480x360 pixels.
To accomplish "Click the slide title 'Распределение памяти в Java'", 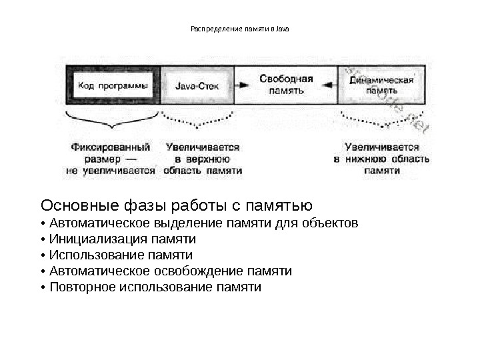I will pos(240,29).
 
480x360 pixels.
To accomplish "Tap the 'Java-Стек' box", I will pos(197,85).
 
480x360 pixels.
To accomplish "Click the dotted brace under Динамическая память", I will pos(381,121).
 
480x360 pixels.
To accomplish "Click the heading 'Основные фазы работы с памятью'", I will pos(177,203).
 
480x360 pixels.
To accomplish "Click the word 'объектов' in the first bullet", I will pos(335,222).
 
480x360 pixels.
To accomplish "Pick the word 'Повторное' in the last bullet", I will pos(81,287).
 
